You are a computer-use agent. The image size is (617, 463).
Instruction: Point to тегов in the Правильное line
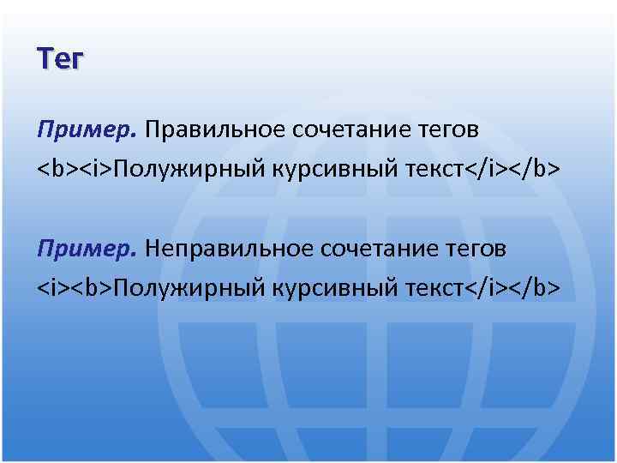pos(447,131)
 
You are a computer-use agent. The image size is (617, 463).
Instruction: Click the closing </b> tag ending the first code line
pos(539,169)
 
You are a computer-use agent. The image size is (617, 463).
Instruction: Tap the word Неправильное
pos(230,249)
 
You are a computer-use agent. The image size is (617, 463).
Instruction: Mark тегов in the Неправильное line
pos(475,250)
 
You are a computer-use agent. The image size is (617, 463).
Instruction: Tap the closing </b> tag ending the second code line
pos(539,287)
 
